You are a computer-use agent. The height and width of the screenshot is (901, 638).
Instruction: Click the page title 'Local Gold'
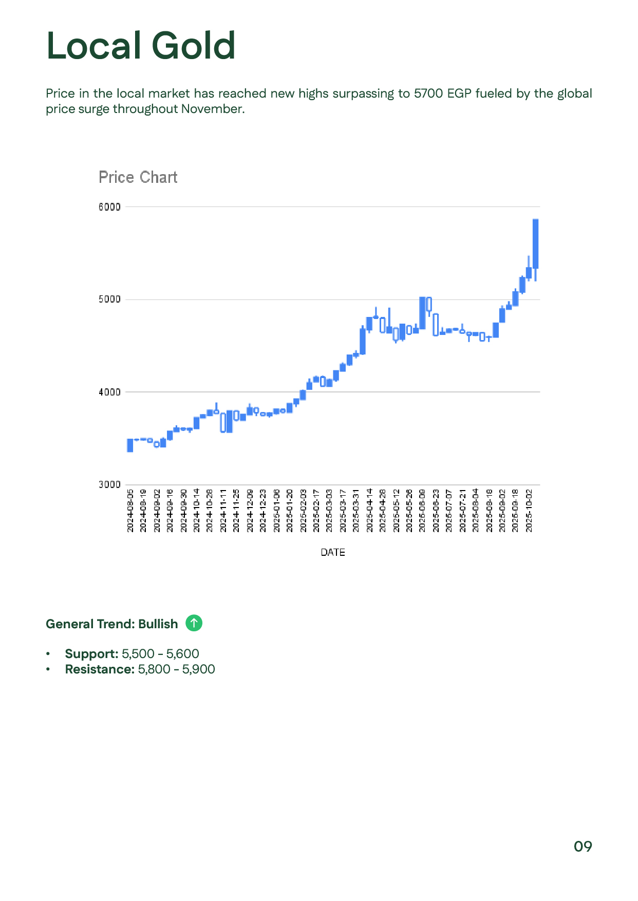141,46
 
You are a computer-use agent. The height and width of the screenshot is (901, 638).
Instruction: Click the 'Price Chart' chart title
138,177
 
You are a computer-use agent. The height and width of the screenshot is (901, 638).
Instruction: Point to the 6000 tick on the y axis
109,207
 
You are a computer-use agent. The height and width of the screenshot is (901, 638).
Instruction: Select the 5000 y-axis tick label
109,299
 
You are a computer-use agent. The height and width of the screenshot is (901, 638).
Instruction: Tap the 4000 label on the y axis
109,392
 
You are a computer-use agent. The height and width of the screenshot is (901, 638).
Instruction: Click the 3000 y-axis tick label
109,484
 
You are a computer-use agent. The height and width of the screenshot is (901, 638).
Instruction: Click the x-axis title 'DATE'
333,552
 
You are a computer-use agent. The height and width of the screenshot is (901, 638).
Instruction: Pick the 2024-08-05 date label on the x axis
130,511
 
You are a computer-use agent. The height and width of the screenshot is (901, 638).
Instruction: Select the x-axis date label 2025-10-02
529,511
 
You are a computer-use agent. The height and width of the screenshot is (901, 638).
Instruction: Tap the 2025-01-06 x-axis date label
276,511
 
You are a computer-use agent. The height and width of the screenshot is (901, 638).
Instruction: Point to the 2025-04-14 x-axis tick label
369,511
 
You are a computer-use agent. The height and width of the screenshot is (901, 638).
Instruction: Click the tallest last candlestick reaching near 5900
535,243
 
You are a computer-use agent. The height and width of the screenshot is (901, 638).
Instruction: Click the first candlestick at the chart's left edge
130,445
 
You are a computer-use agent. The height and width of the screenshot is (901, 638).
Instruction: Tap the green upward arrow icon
194,623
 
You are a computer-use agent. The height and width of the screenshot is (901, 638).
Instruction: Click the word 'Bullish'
158,624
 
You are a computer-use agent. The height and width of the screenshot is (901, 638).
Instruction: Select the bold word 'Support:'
91,654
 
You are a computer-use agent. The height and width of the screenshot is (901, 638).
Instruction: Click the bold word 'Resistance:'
100,669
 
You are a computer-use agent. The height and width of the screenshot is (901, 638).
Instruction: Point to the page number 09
583,847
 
